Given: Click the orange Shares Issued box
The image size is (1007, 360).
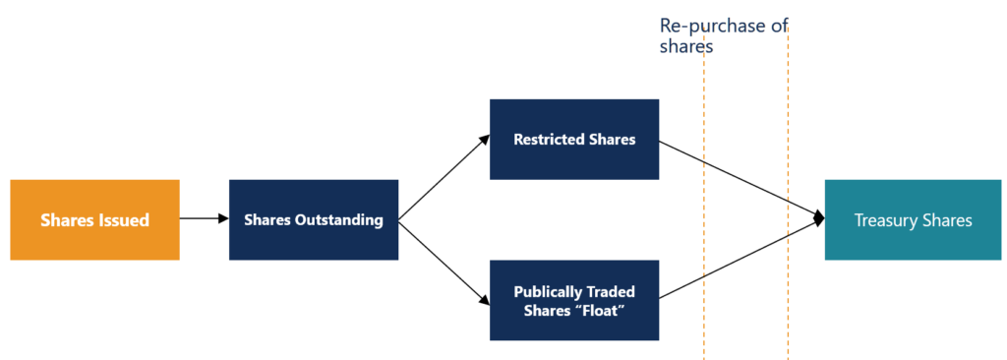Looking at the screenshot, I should (94, 219).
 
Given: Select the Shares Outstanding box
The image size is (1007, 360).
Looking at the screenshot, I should (313, 219).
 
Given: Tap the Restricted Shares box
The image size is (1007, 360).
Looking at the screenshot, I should (574, 139).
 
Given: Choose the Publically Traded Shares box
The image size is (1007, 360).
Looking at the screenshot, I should (574, 300).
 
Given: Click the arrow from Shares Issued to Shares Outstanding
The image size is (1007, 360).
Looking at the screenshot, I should (204, 219).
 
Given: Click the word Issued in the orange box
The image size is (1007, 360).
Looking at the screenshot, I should (124, 220).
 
